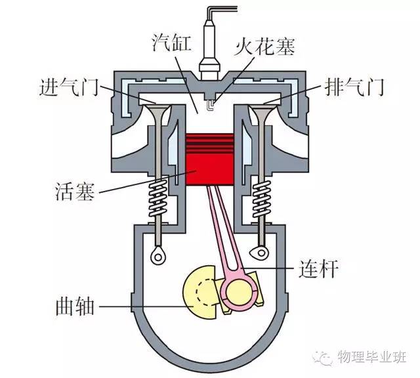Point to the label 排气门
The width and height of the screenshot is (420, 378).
pos(352,87)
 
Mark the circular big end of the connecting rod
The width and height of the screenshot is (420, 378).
pos(236,289)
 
